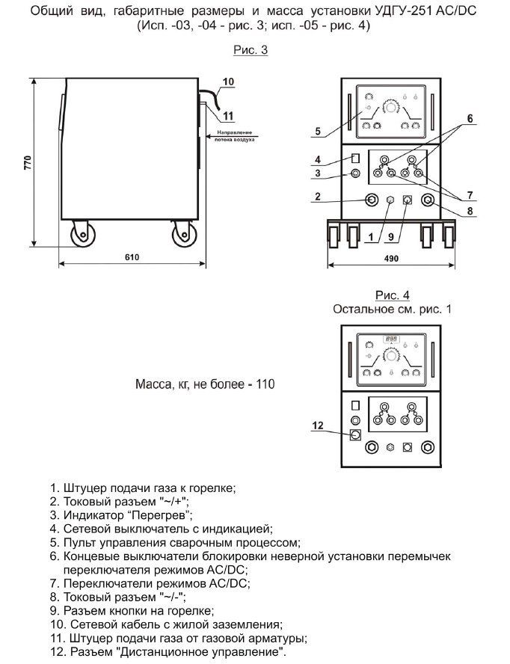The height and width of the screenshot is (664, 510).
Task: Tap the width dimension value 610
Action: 132,257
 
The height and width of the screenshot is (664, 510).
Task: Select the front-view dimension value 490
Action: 391,257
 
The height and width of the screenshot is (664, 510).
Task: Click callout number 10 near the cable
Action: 229,81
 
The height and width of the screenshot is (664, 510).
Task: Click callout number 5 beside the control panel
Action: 317,132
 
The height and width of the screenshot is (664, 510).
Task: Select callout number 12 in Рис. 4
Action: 317,425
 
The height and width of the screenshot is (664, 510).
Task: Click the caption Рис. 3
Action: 251,51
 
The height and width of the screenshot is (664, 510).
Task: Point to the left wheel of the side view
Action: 79,236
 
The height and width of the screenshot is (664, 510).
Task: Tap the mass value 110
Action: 265,385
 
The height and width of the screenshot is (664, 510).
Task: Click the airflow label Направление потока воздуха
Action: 235,136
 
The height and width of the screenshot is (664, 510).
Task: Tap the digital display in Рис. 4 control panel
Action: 391,339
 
